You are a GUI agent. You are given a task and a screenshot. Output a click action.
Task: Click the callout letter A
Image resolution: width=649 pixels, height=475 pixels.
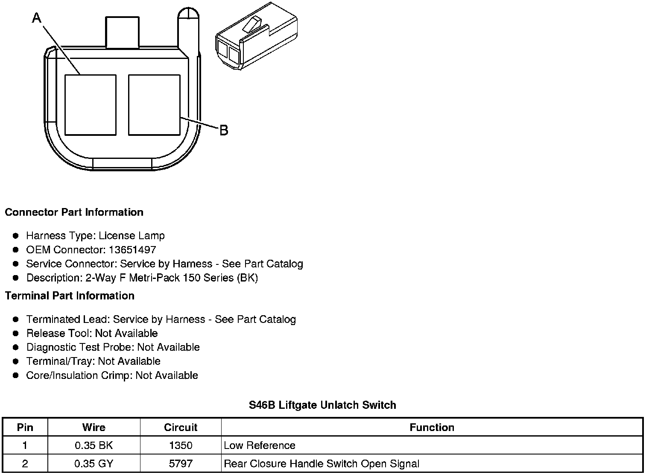click(x=37, y=18)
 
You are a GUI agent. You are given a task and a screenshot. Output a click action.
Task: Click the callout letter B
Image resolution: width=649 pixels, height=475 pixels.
click(x=224, y=130)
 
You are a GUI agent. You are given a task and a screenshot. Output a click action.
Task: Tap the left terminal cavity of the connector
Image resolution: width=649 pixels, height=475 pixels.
click(x=90, y=105)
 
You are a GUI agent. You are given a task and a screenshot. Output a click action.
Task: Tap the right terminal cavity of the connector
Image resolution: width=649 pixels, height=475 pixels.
click(x=154, y=105)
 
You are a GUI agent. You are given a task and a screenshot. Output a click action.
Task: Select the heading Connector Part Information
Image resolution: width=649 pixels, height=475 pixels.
click(x=74, y=212)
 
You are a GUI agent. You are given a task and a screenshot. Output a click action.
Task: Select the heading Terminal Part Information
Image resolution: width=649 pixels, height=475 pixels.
click(x=70, y=296)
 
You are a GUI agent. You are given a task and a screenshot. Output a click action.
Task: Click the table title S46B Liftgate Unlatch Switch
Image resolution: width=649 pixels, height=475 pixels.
click(x=322, y=405)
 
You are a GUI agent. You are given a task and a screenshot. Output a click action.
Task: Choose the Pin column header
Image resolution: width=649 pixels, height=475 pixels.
click(x=25, y=427)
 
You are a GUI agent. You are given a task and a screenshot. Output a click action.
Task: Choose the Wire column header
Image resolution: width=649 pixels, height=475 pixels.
click(x=94, y=427)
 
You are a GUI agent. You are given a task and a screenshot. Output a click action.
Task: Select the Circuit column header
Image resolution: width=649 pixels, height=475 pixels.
click(x=181, y=427)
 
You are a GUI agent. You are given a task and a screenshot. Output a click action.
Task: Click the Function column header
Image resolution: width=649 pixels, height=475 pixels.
click(x=432, y=427)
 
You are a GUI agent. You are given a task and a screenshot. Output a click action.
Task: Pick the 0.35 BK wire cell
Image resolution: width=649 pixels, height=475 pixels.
click(x=94, y=446)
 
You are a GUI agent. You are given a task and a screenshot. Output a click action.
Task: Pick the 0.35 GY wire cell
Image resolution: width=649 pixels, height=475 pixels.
click(x=94, y=464)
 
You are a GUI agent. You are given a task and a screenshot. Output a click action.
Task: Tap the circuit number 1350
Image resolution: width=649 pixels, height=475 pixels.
click(x=181, y=446)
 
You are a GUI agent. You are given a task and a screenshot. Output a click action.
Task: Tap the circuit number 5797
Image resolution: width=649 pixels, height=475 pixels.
click(x=181, y=464)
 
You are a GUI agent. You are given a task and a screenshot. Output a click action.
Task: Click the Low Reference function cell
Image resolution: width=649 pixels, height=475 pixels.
click(x=260, y=446)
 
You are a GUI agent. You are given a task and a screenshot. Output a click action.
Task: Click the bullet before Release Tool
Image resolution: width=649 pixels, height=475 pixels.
click(x=16, y=333)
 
